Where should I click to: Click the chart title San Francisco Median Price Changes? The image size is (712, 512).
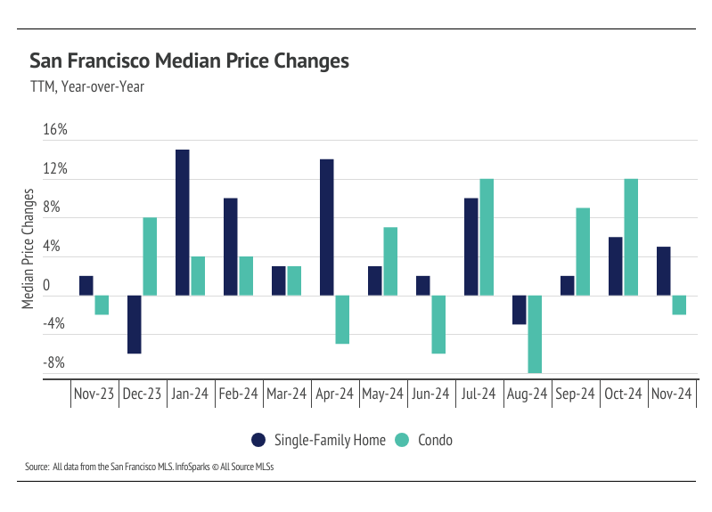(188, 61)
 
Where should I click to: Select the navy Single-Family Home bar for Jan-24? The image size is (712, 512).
(182, 223)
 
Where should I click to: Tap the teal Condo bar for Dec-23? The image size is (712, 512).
(150, 256)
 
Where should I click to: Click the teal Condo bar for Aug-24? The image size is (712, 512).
(535, 334)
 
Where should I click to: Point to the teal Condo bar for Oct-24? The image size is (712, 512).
(631, 237)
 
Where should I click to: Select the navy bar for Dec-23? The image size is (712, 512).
(134, 324)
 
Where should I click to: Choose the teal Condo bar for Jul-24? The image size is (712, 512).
(487, 237)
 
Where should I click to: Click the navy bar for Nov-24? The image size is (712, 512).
(663, 271)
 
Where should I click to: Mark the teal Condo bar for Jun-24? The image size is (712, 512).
(438, 324)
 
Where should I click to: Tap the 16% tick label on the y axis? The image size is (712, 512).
(55, 130)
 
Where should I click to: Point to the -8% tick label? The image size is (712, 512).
(54, 362)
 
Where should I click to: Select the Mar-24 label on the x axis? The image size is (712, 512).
(286, 394)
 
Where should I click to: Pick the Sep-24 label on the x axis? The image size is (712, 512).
(575, 394)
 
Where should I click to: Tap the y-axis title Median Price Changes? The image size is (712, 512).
(29, 248)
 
